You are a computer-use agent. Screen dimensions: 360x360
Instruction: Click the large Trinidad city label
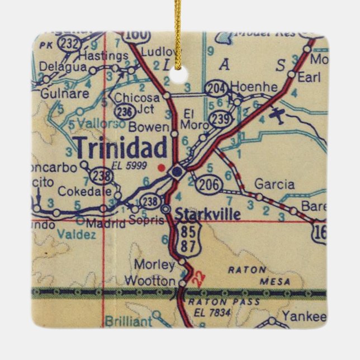click(x=121, y=148)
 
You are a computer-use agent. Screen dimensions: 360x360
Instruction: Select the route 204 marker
click(x=215, y=88)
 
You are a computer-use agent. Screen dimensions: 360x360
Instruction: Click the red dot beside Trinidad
click(x=162, y=167)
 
